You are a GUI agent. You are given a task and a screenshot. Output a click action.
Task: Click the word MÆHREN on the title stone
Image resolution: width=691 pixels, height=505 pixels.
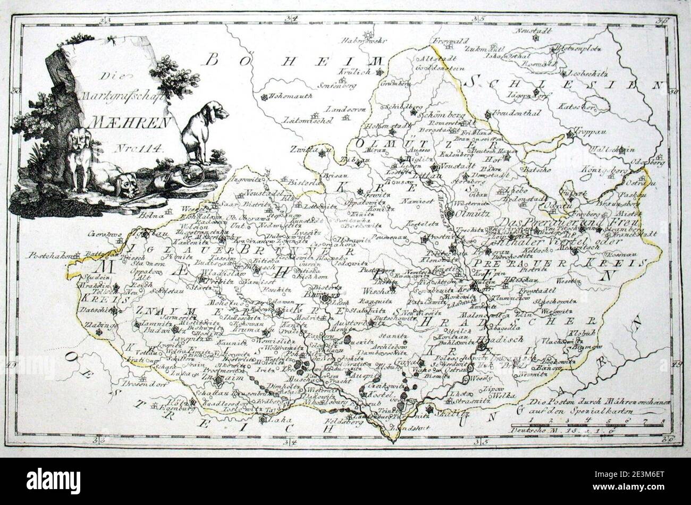coord(130,122)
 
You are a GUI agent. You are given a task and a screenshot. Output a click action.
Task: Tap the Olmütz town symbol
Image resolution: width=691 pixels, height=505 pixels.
coord(449,213)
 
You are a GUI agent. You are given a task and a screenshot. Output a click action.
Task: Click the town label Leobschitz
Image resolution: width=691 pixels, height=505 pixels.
coord(588,73)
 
